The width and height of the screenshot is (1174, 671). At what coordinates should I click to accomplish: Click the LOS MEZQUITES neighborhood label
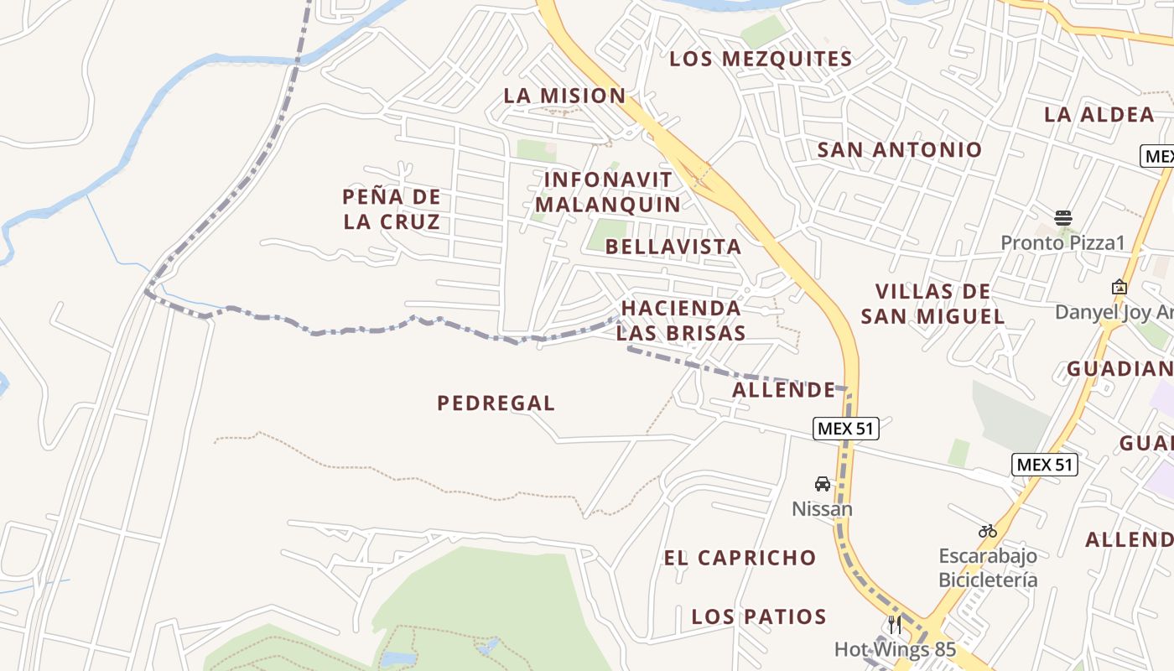761,59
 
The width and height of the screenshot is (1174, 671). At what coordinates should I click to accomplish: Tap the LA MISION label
564,96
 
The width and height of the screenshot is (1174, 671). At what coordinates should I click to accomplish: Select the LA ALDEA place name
1099,115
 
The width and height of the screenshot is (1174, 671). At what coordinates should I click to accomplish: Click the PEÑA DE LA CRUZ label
392,210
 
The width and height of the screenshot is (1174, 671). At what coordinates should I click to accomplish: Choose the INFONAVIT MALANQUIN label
608,192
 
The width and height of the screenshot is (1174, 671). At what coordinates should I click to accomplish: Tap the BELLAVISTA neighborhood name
673,247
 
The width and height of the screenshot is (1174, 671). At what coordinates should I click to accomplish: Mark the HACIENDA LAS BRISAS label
681,320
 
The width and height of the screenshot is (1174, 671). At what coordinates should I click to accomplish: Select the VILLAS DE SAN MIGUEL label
932,304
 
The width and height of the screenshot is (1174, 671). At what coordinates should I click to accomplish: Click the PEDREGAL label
496,403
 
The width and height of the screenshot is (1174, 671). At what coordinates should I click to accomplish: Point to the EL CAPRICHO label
740,558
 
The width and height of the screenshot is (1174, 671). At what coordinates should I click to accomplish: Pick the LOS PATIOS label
759,617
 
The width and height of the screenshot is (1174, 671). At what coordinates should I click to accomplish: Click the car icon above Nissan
823,484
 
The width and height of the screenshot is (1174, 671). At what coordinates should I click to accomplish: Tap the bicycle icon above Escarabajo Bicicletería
987,531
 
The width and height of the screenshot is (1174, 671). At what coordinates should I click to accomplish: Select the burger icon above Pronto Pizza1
1062,218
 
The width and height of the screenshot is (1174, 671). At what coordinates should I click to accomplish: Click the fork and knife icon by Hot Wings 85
895,625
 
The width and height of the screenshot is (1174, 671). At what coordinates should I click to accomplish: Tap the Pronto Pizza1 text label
1062,243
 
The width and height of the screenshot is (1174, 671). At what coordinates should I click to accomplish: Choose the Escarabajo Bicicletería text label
987,568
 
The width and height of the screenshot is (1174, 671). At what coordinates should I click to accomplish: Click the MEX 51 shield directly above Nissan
845,429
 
